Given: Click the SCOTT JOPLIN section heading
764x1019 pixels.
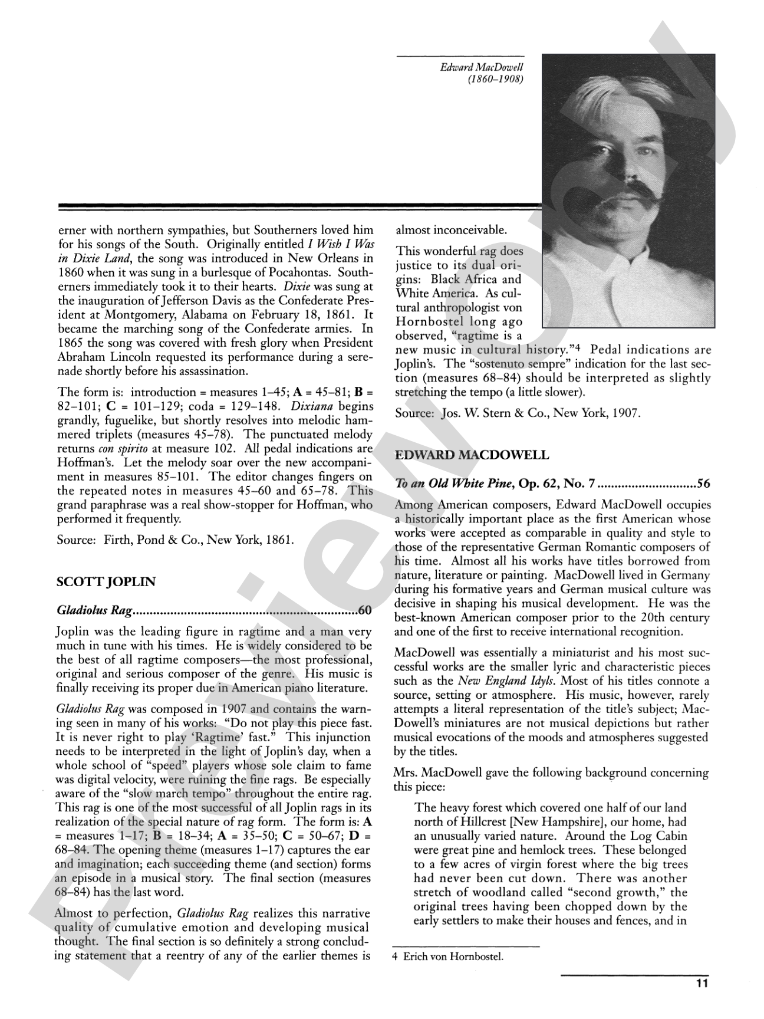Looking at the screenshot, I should (106, 582).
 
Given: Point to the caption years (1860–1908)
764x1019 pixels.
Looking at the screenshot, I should (495, 79).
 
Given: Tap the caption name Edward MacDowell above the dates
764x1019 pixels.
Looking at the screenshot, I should (482, 68).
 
